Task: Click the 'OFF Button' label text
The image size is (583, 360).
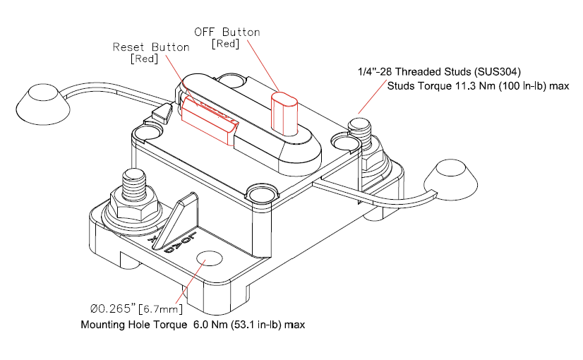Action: [x=227, y=32]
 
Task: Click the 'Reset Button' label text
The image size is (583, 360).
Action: [x=151, y=47]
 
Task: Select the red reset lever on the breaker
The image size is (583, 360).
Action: [x=208, y=120]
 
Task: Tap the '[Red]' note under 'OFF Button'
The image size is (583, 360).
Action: [x=226, y=44]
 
